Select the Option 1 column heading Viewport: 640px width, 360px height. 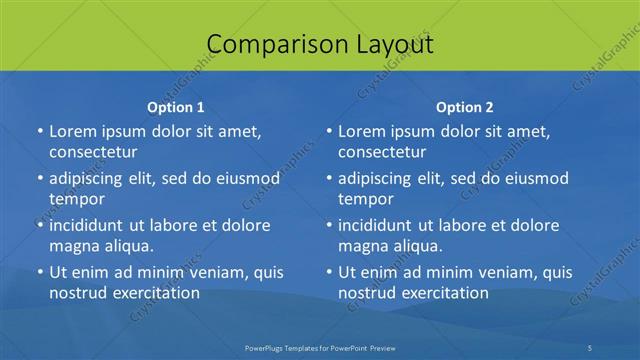coord(176,106)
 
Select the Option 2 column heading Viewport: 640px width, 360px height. coord(465,106)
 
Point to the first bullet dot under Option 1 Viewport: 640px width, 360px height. coord(40,132)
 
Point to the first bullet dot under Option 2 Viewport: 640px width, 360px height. coord(329,132)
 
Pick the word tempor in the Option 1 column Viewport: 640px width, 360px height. coord(77,199)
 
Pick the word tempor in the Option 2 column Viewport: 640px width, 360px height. coord(366,199)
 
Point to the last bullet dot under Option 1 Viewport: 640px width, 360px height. coord(40,272)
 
